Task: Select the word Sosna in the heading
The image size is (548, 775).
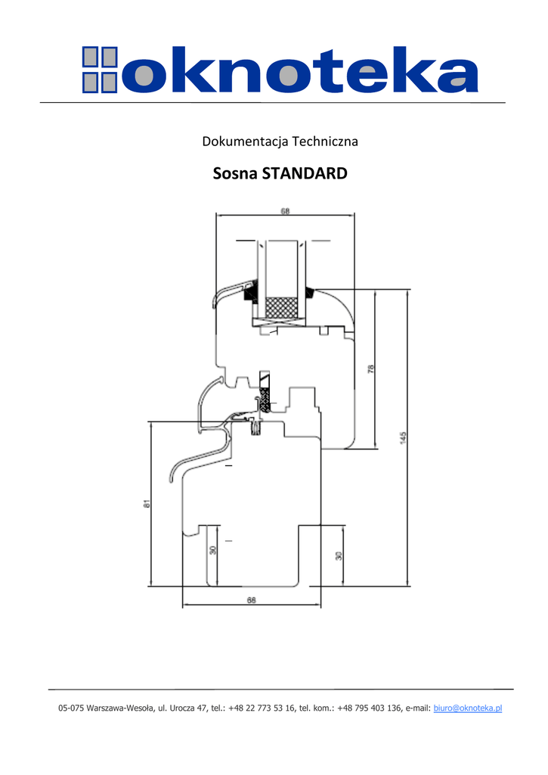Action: [x=235, y=174]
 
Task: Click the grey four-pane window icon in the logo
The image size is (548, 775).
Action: [x=100, y=70]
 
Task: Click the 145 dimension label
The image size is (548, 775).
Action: [x=404, y=437]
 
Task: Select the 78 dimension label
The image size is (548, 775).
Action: [x=370, y=369]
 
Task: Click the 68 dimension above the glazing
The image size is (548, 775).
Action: [x=285, y=212]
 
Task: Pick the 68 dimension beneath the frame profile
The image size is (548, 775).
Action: [x=251, y=600]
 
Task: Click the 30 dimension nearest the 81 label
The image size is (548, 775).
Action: [x=212, y=550]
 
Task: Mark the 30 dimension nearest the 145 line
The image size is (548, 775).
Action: [x=339, y=556]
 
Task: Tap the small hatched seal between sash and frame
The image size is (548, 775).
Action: [x=265, y=401]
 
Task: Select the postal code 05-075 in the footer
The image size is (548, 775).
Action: [x=72, y=708]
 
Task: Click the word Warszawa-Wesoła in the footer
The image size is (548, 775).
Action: [x=121, y=708]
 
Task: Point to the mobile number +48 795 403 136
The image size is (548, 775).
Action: [x=370, y=708]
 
